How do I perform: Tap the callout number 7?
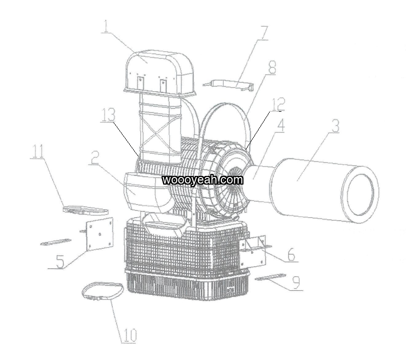tap(263, 33)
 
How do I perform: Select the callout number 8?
tap(271, 67)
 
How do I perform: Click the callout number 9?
tap(296, 282)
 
